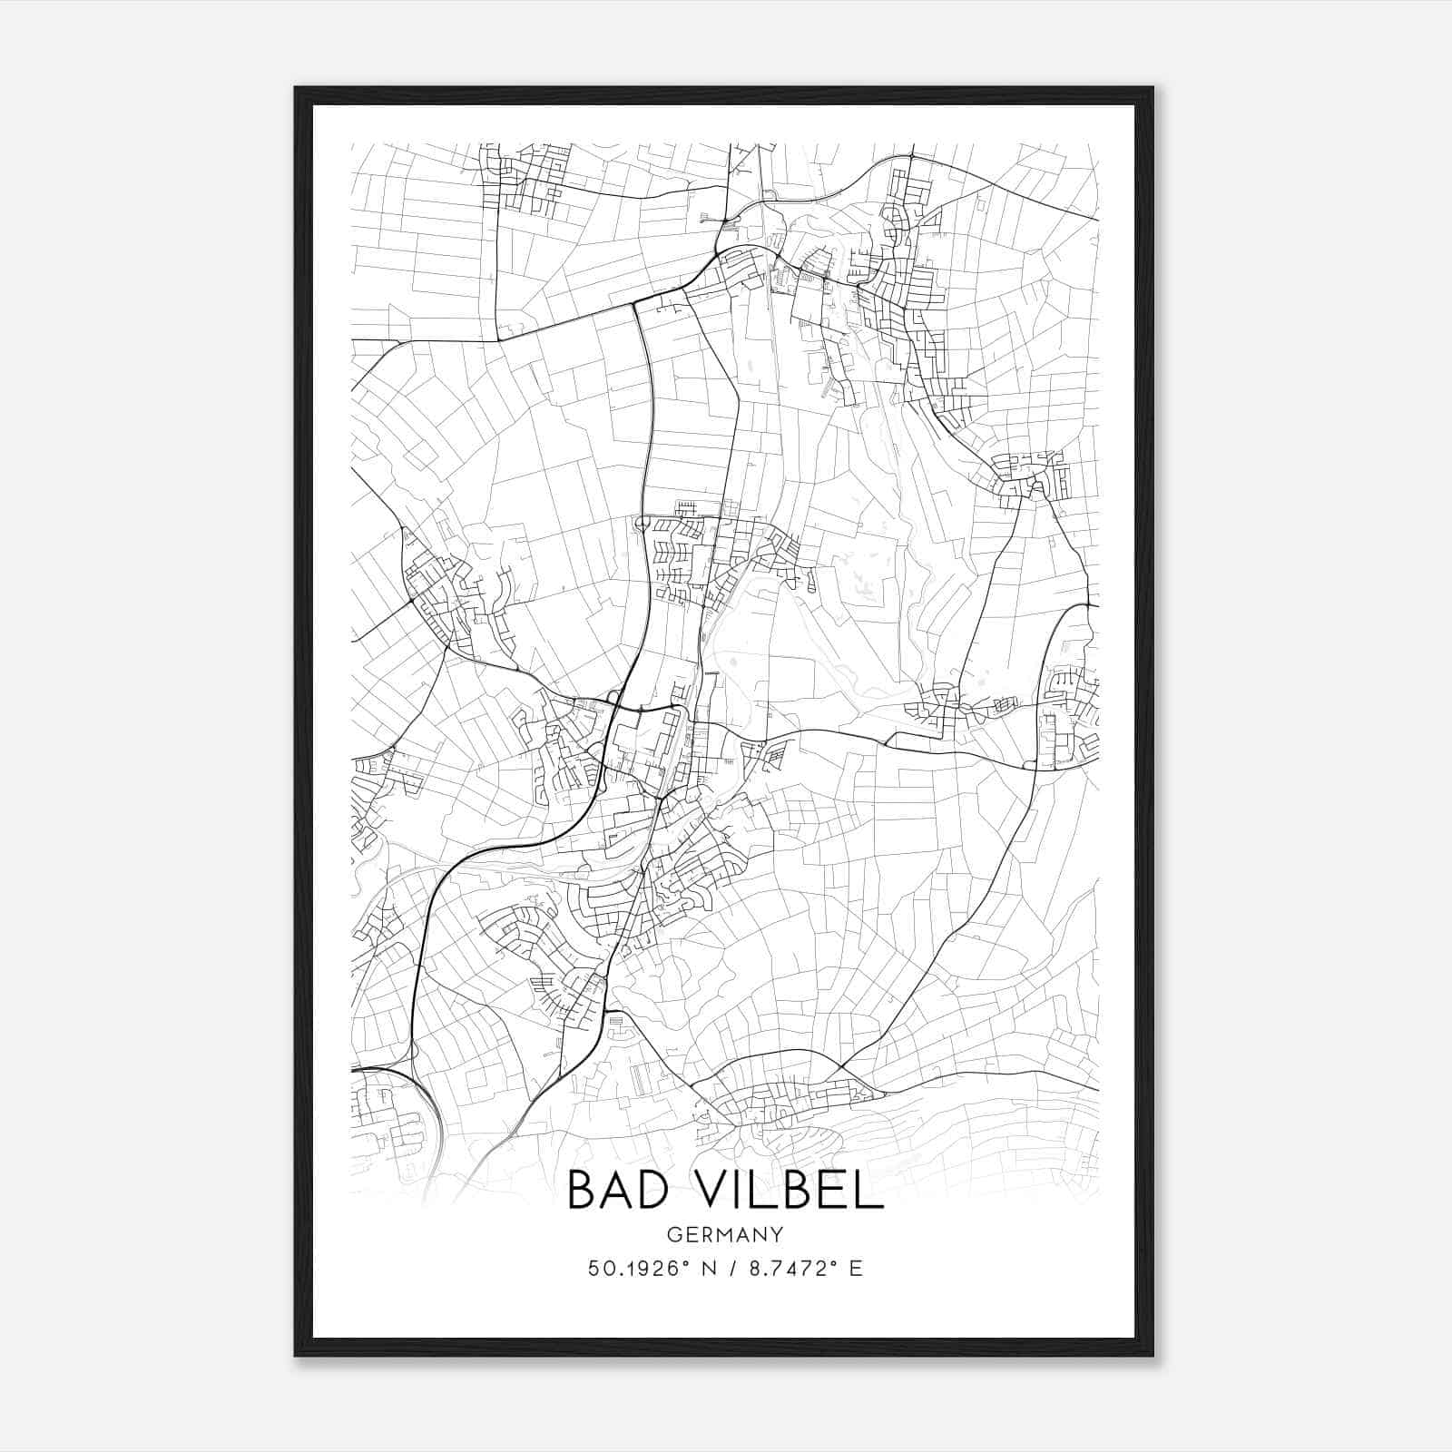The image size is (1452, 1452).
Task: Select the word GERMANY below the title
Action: [x=725, y=1234]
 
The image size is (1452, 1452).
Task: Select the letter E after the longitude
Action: [x=856, y=1269]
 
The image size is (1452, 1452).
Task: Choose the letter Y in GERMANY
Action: [x=778, y=1234]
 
